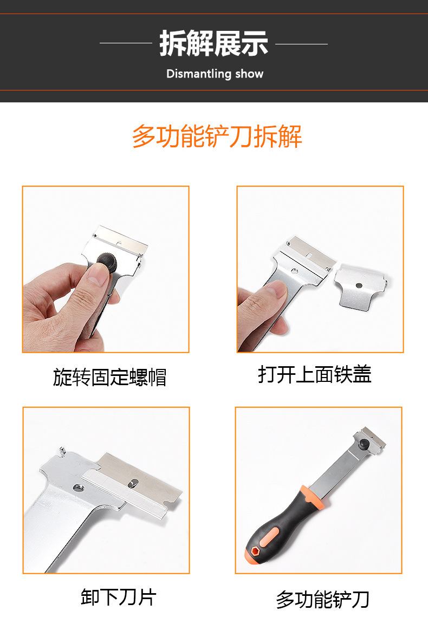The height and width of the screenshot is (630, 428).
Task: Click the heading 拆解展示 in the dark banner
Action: pos(213,44)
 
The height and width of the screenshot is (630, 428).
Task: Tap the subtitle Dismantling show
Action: pos(215,74)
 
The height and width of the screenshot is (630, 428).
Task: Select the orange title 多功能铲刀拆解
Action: pos(217,137)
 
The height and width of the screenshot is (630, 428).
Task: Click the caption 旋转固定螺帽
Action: pos(109,377)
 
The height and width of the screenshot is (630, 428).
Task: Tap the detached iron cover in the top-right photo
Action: pos(360,287)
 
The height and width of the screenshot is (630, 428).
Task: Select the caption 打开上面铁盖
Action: pos(315,374)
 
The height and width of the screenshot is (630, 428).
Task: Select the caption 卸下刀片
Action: pos(119,597)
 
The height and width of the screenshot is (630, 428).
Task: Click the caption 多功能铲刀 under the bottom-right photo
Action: pos(322,600)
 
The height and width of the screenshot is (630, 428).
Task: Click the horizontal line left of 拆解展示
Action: pos(126,43)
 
